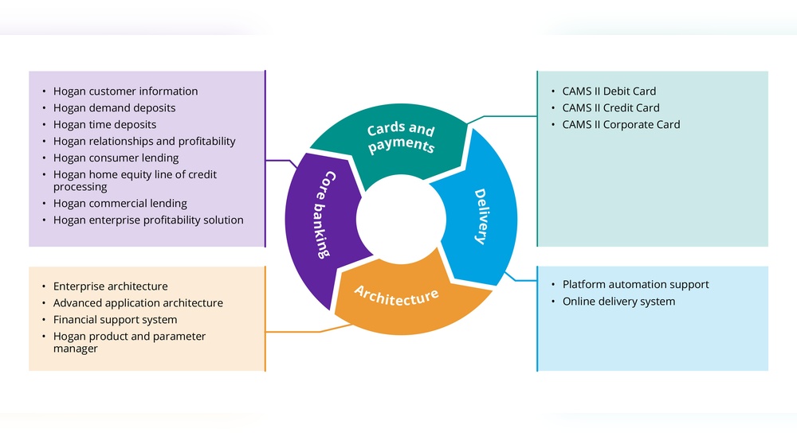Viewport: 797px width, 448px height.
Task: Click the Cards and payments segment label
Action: point(401,138)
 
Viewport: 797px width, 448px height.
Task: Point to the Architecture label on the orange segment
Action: point(396,295)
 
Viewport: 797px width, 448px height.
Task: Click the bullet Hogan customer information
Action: point(125,92)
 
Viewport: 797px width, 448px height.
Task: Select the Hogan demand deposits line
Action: point(114,108)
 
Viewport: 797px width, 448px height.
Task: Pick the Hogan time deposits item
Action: point(104,125)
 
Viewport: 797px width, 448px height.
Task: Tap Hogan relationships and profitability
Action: point(144,142)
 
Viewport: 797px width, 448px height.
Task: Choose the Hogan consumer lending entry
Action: point(116,158)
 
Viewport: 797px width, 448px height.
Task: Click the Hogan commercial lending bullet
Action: point(120,204)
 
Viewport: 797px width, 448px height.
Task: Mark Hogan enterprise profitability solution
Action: point(148,220)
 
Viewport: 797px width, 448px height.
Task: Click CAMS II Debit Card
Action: point(609,92)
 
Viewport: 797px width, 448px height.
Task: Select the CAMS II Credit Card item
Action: point(611,108)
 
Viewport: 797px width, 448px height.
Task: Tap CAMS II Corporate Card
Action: point(621,125)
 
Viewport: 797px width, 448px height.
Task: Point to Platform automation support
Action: point(635,285)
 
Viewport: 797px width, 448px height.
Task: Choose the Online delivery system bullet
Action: point(618,302)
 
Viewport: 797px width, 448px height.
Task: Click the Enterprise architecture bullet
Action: point(110,286)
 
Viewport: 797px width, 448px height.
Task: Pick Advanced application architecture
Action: point(138,303)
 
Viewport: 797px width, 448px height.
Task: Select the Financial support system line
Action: point(115,320)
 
